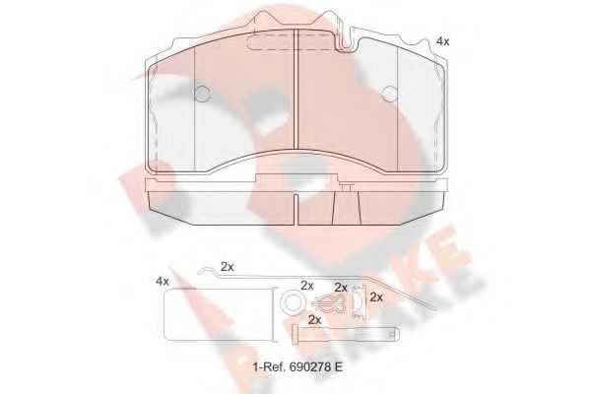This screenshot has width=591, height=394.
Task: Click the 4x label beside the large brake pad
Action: pyautogui.click(x=442, y=41)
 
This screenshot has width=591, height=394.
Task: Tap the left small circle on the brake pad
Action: pyautogui.click(x=203, y=96)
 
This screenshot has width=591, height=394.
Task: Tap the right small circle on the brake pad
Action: pyautogui.click(x=389, y=96)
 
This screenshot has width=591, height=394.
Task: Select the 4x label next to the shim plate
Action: pyautogui.click(x=163, y=282)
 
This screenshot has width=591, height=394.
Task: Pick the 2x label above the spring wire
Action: pyautogui.click(x=228, y=267)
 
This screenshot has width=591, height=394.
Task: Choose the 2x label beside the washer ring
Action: pyautogui.click(x=306, y=286)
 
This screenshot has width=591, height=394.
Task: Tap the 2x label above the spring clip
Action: pyautogui.click(x=342, y=286)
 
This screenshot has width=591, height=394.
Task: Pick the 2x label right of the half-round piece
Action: pyautogui.click(x=375, y=296)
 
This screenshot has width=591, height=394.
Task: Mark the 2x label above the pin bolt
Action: pyautogui.click(x=314, y=320)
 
